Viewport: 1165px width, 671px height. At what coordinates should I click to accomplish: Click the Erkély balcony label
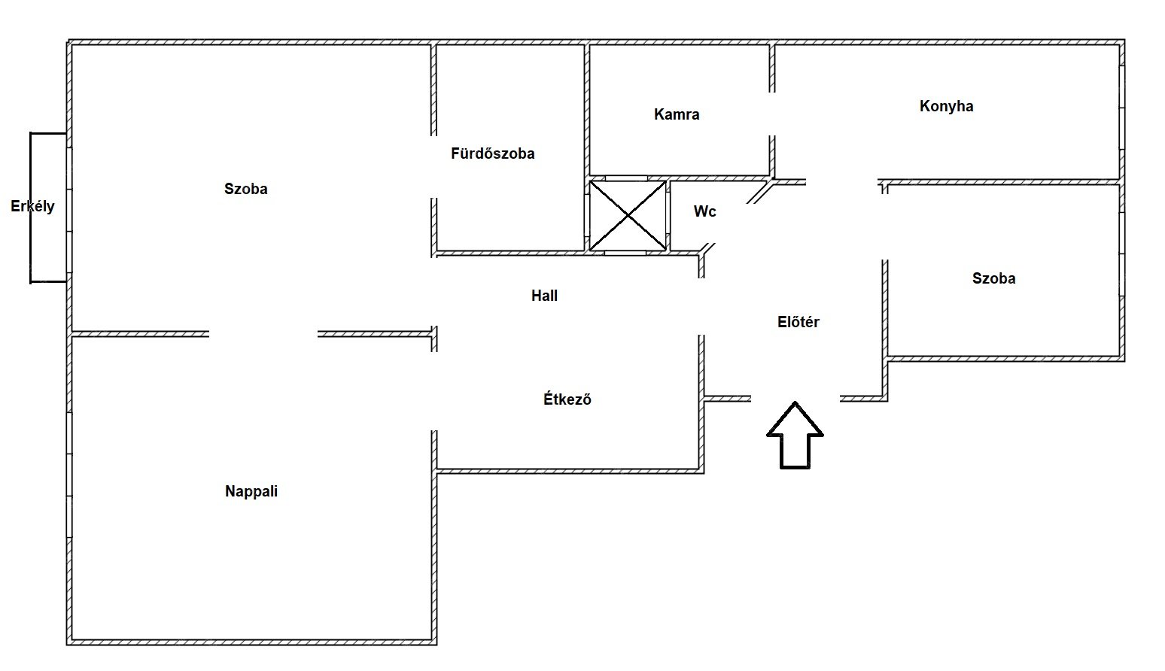32,207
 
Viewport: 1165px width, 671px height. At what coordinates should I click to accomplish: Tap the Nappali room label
251,492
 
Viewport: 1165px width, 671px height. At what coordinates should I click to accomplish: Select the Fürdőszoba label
492,154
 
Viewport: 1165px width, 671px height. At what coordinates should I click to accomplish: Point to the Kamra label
677,114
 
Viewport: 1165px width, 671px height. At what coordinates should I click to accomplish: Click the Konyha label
947,107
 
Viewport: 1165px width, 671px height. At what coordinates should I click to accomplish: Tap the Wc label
704,211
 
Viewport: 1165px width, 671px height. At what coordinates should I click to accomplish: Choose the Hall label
545,296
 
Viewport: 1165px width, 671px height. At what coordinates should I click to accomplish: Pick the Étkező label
567,399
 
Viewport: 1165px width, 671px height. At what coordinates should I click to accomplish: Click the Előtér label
798,322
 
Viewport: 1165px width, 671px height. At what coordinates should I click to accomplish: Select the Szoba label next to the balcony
246,189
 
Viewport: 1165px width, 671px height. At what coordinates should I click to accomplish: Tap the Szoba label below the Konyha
994,278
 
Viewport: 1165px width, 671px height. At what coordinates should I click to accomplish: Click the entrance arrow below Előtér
795,436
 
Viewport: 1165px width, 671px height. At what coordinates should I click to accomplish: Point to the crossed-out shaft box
628,215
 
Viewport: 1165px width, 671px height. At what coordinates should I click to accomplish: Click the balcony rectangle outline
31,208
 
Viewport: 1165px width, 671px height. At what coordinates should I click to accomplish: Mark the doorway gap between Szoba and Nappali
263,334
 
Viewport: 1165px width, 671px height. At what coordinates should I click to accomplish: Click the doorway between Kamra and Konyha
772,114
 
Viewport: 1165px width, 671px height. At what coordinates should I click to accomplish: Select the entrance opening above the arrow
795,399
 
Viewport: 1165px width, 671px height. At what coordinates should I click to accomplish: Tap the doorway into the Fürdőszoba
433,167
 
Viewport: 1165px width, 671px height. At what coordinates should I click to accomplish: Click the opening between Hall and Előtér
701,307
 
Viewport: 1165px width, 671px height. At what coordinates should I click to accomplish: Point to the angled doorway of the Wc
732,223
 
